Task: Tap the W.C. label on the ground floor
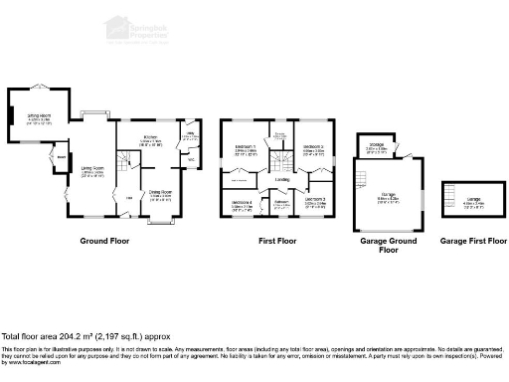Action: click(x=190, y=157)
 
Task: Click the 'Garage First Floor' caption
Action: click(x=473, y=241)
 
